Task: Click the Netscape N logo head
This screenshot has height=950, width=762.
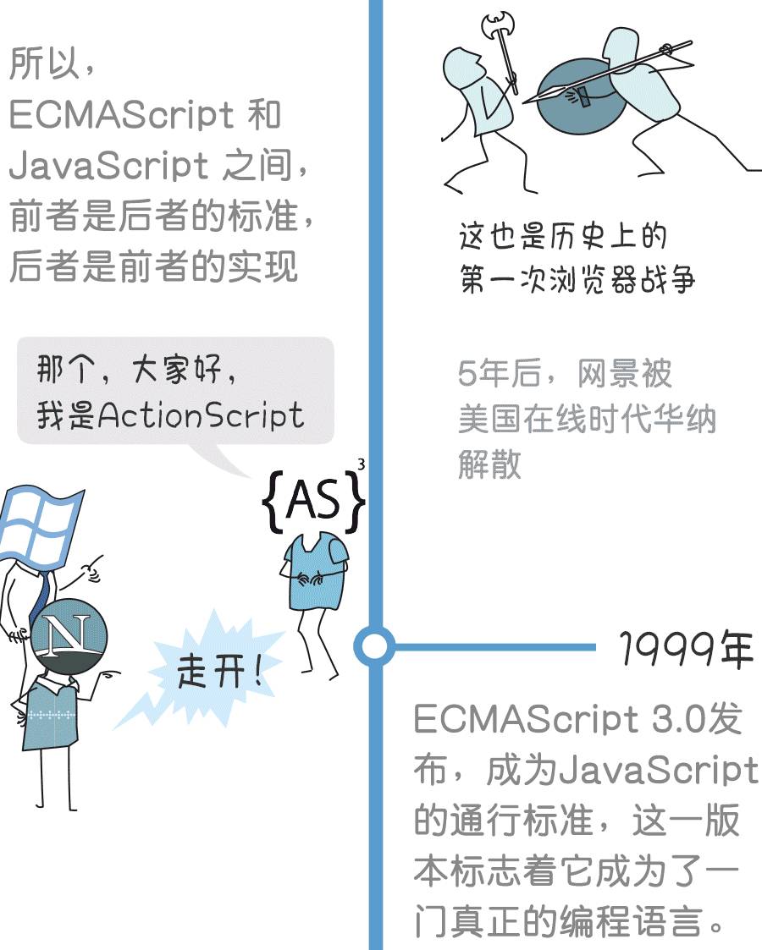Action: (x=69, y=635)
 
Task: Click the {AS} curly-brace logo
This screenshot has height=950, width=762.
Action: (x=313, y=502)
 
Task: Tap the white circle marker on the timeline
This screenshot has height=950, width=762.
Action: (x=373, y=647)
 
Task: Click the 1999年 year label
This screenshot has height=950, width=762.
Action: (x=685, y=649)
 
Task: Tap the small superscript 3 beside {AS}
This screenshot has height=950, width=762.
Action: (x=362, y=464)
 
